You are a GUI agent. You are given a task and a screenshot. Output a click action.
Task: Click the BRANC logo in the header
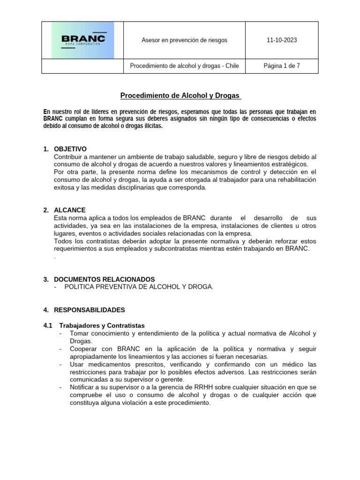tap(82, 40)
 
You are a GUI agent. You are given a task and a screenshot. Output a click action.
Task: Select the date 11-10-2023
tap(281, 40)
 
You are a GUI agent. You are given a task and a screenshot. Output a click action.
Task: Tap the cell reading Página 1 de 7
tap(281, 66)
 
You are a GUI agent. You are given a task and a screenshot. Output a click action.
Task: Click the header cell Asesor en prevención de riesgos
tap(184, 40)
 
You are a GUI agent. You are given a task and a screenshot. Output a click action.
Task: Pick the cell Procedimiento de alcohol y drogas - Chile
tap(184, 66)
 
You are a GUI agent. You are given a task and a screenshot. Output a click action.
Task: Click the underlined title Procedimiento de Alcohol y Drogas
tap(180, 96)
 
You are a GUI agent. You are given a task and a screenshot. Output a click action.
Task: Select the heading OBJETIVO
tap(70, 149)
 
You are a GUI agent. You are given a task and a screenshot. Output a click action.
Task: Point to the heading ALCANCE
tap(70, 210)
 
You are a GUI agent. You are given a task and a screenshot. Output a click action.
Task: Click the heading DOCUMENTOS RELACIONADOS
tap(104, 279)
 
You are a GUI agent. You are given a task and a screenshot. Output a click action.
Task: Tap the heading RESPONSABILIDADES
tap(90, 310)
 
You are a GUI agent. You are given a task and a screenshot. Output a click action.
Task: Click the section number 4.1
tap(48, 325)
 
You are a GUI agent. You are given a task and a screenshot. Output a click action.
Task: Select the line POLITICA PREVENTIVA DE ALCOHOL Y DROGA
tap(139, 287)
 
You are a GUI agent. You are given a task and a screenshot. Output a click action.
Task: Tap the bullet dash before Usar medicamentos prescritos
tap(61, 364)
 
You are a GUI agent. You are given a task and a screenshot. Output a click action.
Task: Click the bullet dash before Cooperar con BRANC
tap(61, 349)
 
